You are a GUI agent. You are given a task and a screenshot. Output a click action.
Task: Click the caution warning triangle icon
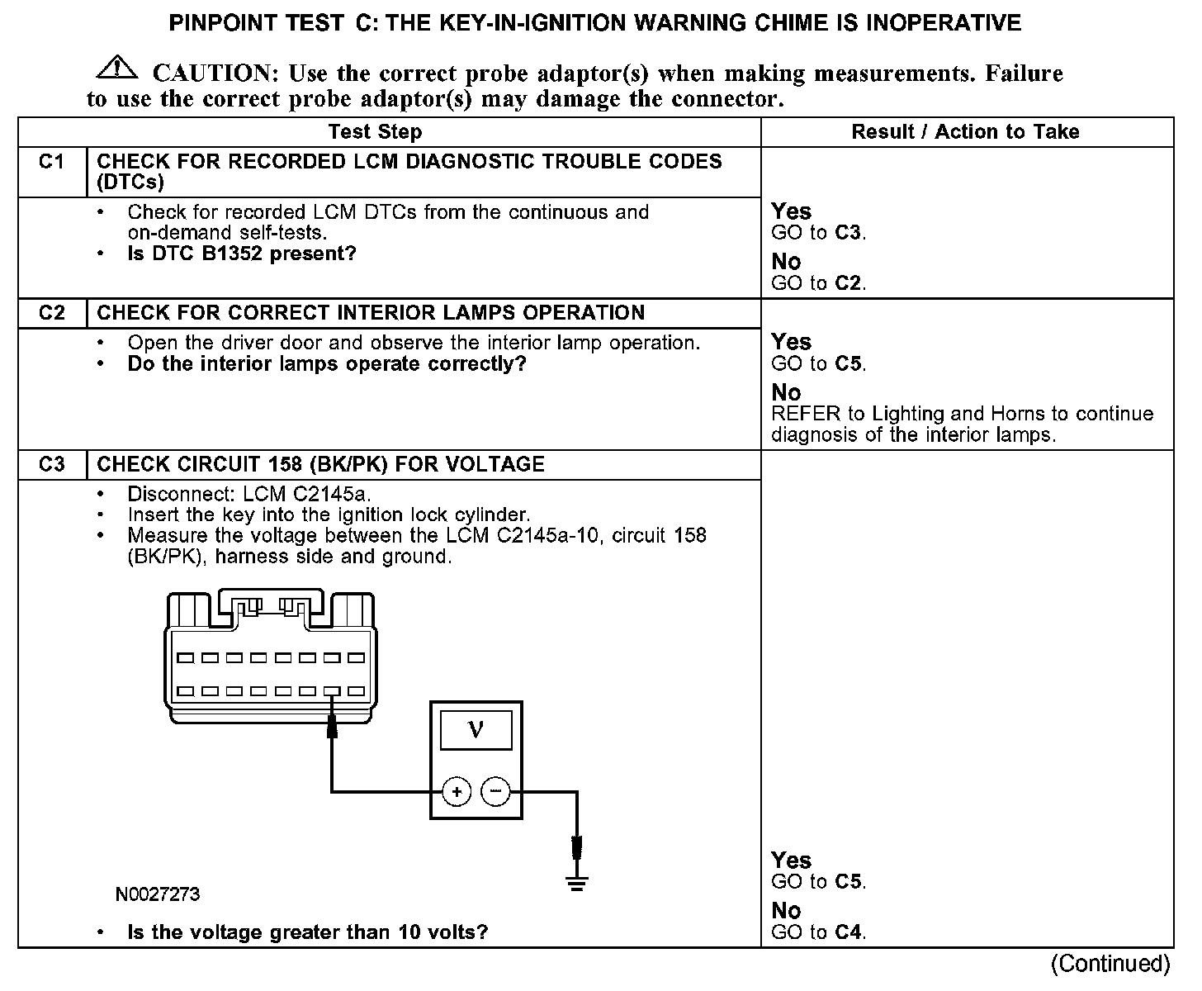(x=117, y=68)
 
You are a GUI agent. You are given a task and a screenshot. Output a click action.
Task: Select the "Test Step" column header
(x=375, y=132)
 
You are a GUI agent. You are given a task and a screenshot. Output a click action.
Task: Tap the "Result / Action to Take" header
(x=965, y=132)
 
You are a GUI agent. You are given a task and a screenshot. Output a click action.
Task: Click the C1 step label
(x=51, y=162)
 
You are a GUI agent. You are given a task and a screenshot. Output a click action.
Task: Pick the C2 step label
(x=51, y=313)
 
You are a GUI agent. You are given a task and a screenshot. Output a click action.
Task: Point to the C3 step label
(x=51, y=464)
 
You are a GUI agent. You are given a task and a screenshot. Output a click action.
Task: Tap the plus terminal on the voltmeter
(x=457, y=792)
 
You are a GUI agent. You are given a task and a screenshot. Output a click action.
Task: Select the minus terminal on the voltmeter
(x=495, y=792)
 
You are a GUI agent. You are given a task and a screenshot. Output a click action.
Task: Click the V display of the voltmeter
(x=476, y=730)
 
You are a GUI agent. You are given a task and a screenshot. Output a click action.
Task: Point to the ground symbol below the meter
(x=576, y=884)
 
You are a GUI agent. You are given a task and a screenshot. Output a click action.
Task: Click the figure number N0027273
(x=158, y=894)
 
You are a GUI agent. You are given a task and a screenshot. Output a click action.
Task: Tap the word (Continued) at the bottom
(x=1110, y=964)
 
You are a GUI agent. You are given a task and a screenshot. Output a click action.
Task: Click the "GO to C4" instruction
(x=818, y=932)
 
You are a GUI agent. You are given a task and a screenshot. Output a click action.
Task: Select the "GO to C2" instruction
(x=818, y=283)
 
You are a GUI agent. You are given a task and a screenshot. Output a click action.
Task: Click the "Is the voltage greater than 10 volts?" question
(x=307, y=932)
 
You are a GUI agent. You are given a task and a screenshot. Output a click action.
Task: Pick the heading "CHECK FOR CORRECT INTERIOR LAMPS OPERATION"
(x=371, y=313)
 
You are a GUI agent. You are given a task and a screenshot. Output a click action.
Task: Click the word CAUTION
(x=211, y=73)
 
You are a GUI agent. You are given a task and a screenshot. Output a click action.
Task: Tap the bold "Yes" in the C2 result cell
(x=791, y=342)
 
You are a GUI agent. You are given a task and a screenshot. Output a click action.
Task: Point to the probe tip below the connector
(x=332, y=727)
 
